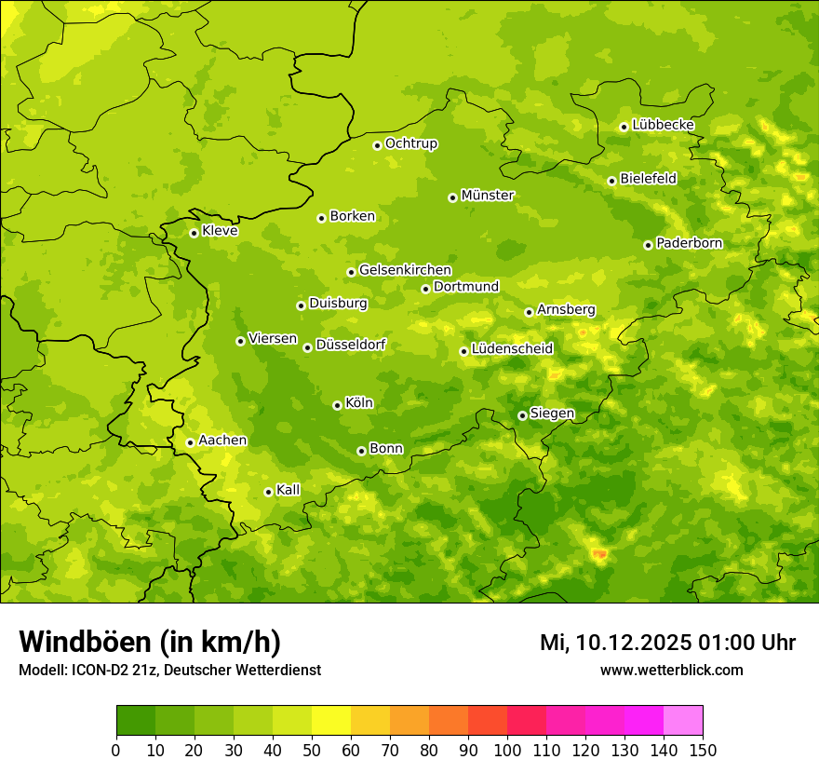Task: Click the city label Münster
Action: tap(488, 196)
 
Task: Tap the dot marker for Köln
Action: tap(337, 405)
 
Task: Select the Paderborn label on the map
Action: tap(690, 243)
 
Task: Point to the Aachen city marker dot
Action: tap(190, 442)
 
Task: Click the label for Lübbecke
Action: tap(664, 125)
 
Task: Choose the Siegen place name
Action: tap(553, 414)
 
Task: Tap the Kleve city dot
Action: tap(194, 233)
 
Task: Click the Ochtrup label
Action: tap(411, 143)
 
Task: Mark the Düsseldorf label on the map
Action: tap(351, 345)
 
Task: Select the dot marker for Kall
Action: tap(268, 492)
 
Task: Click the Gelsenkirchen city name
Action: tap(405, 270)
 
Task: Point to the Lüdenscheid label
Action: tap(513, 349)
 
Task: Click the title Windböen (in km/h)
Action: tap(150, 642)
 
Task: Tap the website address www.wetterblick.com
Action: tap(672, 670)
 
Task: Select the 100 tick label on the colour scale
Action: tap(507, 751)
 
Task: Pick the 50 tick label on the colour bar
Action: tap(312, 751)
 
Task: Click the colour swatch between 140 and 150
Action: tap(683, 721)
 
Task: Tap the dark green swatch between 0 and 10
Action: tap(136, 721)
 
